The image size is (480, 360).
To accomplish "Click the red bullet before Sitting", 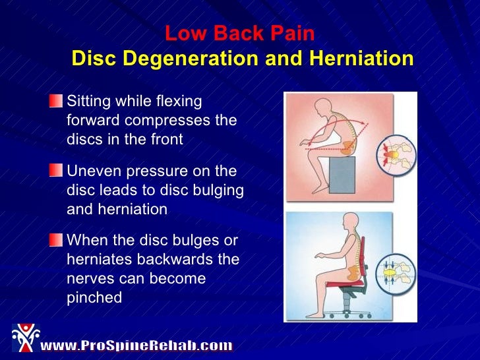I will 56,102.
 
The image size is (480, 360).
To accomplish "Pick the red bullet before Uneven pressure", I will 56,171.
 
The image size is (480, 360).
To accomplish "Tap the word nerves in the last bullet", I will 87,279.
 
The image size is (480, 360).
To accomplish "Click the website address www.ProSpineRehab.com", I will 136,345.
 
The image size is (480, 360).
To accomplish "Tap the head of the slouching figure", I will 324,107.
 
